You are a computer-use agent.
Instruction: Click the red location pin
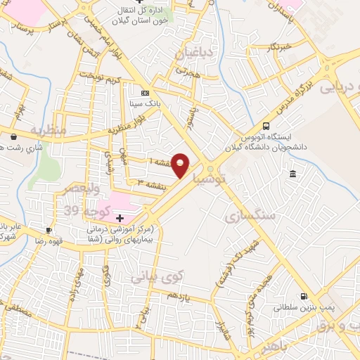click(181, 165)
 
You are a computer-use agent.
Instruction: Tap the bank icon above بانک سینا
click(145, 93)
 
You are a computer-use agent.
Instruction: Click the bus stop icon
click(265, 120)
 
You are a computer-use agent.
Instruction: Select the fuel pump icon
click(304, 296)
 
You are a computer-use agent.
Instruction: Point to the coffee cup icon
click(49, 230)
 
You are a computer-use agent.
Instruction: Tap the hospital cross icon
click(120, 219)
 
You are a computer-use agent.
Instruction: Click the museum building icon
click(292, 174)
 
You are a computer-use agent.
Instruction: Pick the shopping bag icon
click(13, 137)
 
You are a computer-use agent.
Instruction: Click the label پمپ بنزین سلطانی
click(303, 308)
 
